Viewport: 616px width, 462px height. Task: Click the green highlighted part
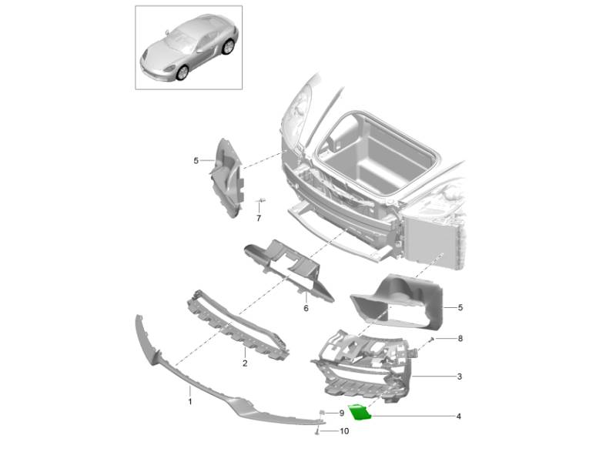pos(360,411)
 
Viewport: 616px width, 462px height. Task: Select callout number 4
pos(458,416)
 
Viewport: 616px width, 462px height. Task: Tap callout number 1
pos(190,402)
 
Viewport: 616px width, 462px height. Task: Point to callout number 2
pos(245,363)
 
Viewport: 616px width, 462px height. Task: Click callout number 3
pos(460,377)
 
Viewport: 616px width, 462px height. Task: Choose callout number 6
pos(306,309)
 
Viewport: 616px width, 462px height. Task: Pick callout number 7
pos(259,219)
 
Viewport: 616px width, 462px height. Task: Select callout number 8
pos(460,338)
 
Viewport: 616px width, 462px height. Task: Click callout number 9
pos(341,413)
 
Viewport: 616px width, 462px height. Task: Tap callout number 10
pos(344,431)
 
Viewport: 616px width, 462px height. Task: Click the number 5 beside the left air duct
pos(196,161)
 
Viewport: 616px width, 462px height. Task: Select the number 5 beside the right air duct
pos(460,307)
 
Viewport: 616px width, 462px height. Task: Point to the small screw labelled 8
pos(432,339)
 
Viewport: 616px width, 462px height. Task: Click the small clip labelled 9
pos(322,412)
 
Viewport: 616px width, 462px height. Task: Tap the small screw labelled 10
pos(317,432)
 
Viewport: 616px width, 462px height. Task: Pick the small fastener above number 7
pos(260,200)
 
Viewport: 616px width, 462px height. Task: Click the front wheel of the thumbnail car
pos(182,72)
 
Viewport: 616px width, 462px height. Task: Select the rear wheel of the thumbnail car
pos(228,47)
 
